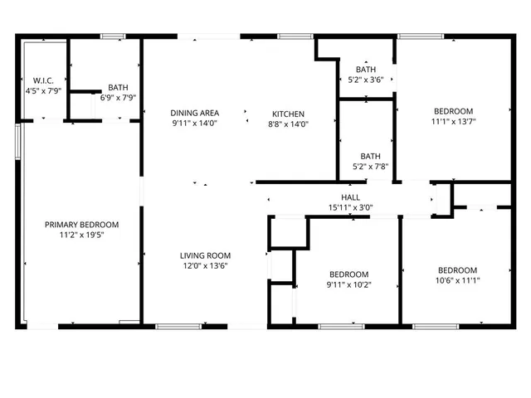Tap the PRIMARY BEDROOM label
point(81,225)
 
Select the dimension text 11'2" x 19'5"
point(81,235)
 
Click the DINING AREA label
point(195,114)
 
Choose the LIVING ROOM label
point(206,255)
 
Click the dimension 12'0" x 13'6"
point(206,265)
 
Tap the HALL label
point(350,197)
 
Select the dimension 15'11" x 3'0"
point(350,207)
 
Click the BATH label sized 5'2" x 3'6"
point(367,69)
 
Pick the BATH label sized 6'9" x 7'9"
point(118,87)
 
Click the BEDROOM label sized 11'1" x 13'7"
point(453,111)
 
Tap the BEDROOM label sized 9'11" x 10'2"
point(349,274)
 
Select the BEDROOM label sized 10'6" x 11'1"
point(458,270)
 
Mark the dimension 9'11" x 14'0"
point(195,124)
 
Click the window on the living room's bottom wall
point(179,326)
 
